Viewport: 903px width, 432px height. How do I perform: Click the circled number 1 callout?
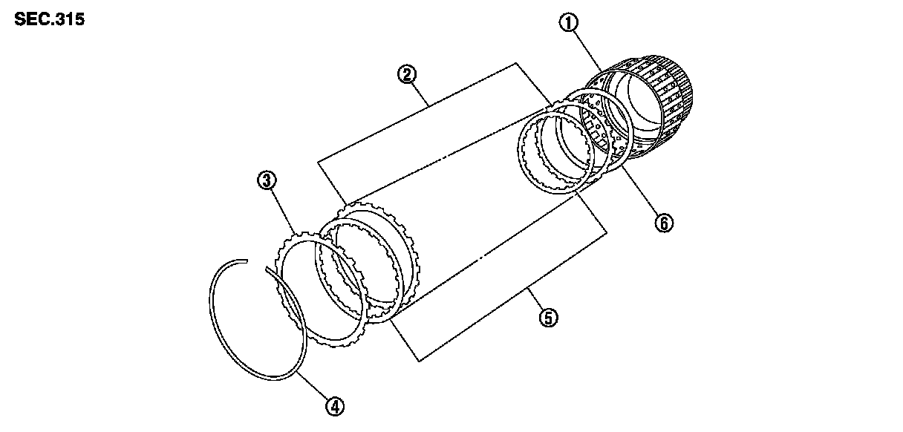(x=569, y=24)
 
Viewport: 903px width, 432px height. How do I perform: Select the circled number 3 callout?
(x=266, y=179)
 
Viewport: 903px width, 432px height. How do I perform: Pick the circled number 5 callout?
(x=547, y=318)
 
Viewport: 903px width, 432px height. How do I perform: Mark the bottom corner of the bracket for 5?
(x=420, y=361)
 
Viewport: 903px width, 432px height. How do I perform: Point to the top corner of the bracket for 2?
(x=515, y=64)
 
